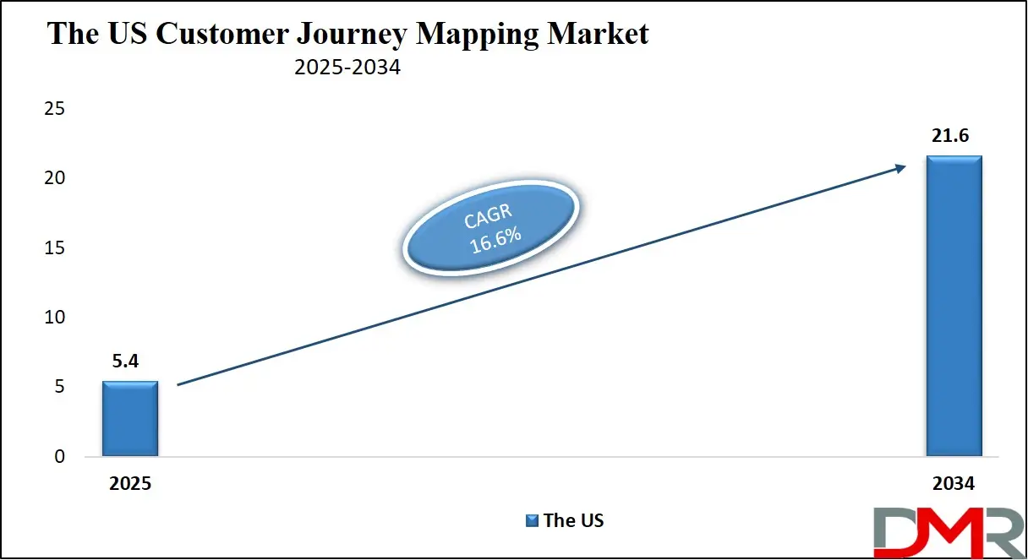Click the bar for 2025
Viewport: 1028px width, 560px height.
tap(130, 418)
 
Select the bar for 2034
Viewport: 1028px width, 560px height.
tap(954, 306)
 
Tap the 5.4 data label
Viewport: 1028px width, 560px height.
tap(125, 362)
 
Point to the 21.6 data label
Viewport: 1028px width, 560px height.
tap(950, 136)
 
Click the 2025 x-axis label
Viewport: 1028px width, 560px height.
tap(130, 483)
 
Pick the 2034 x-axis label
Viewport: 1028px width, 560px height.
tap(954, 483)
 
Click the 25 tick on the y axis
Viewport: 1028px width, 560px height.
tap(54, 109)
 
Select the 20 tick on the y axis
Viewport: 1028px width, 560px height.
tap(54, 178)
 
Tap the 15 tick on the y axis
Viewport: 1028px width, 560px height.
tap(54, 248)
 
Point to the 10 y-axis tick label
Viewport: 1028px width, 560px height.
tap(54, 318)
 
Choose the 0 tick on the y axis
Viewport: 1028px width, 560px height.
tap(60, 456)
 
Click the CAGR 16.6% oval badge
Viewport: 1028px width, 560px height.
tap(491, 227)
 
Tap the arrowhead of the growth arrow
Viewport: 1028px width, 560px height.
tap(901, 168)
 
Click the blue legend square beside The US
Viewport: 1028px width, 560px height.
tap(532, 520)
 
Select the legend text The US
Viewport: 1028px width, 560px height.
tap(574, 520)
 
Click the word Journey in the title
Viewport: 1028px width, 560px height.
tap(352, 35)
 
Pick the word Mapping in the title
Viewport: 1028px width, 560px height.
tap(477, 35)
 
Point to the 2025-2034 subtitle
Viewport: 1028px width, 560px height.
tap(347, 67)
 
